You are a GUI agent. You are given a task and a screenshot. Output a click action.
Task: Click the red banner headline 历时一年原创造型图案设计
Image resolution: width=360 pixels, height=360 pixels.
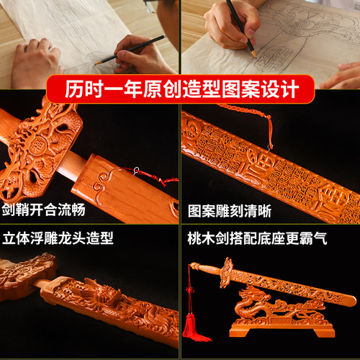[x=181, y=89]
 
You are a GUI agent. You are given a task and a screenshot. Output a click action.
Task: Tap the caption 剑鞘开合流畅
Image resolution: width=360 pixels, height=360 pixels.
[x=43, y=210]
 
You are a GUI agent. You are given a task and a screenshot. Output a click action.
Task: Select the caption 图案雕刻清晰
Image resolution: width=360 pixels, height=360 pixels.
[x=230, y=211]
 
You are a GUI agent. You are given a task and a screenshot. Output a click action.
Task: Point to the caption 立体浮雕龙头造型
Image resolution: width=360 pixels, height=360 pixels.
[x=58, y=238]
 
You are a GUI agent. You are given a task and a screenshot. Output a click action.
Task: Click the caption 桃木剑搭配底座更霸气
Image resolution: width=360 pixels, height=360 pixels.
[x=257, y=238]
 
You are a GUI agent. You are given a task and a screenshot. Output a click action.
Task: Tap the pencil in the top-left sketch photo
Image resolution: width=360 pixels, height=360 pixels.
[x=130, y=50]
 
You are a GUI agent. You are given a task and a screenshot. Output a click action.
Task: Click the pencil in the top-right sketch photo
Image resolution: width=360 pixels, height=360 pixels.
[x=241, y=28]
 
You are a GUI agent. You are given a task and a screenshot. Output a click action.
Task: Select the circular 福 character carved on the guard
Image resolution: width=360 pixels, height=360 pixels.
[x=39, y=145]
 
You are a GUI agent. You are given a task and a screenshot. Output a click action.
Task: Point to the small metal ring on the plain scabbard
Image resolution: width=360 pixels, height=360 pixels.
[x=136, y=171]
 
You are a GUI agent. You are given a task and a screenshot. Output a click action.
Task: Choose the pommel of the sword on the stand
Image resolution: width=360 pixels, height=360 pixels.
[x=195, y=266]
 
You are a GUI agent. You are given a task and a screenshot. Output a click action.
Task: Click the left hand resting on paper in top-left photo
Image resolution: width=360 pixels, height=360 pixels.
[x=36, y=63]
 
